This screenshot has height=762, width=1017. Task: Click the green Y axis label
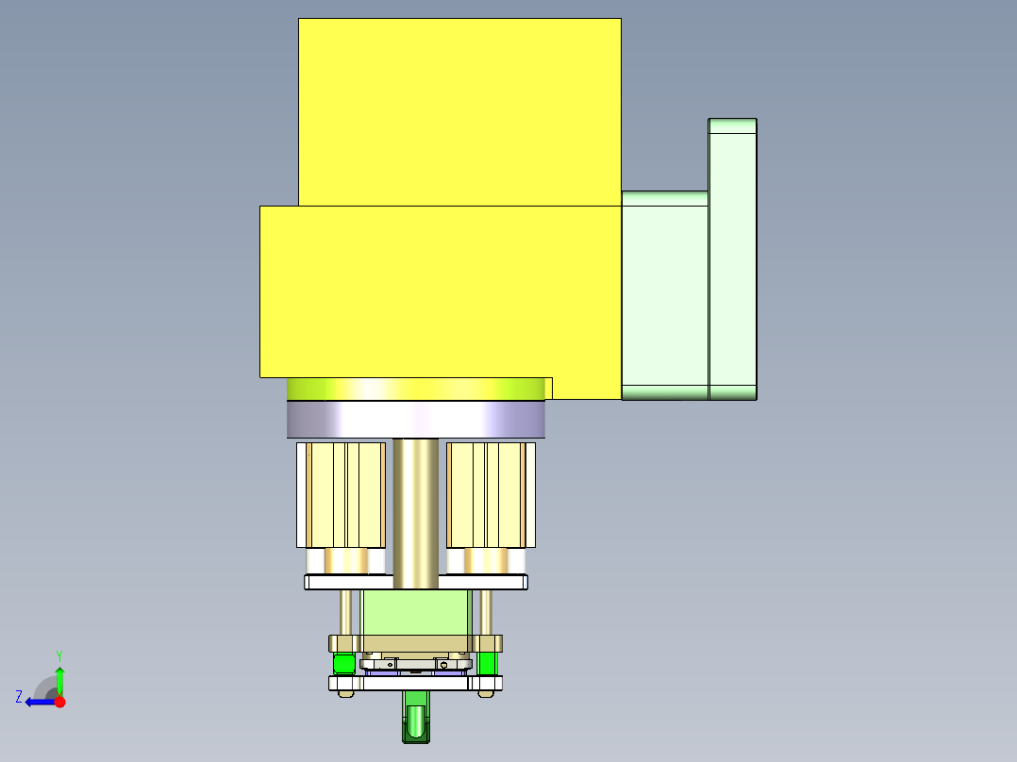(58, 654)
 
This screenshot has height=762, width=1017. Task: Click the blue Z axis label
(19, 697)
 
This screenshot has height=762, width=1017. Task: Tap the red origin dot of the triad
(59, 702)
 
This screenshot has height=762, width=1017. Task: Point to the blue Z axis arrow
(38, 702)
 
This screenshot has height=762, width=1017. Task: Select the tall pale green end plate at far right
(732, 259)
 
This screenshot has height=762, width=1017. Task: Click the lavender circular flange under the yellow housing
(416, 420)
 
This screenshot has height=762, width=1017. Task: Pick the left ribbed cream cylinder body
(341, 494)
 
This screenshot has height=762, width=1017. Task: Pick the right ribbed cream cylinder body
(486, 494)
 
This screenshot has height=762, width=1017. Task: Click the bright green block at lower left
(344, 664)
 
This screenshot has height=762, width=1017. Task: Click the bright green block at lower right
(487, 663)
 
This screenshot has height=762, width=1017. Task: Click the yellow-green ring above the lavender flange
(416, 389)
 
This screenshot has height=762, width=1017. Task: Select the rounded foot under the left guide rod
(345, 694)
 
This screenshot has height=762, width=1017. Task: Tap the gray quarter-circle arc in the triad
(43, 686)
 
